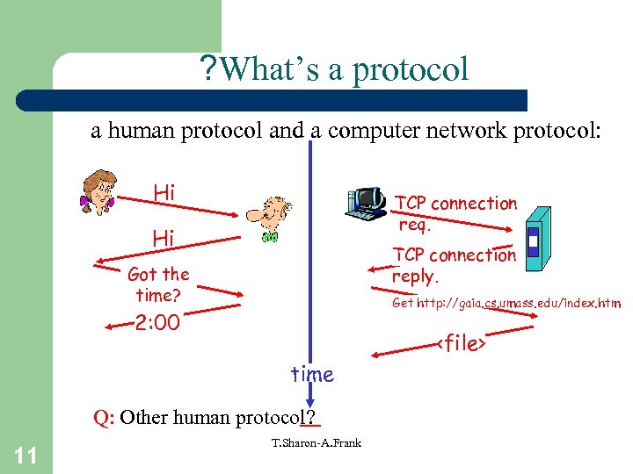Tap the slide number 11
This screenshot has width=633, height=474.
click(x=25, y=454)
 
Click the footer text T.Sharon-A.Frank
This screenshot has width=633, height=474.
click(x=316, y=443)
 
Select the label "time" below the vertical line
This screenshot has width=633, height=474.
click(x=312, y=375)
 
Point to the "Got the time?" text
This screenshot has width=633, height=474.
click(x=158, y=284)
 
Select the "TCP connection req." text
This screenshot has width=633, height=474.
click(x=455, y=212)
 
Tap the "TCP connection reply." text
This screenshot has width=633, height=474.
click(x=454, y=264)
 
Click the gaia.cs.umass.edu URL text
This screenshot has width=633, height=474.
click(x=506, y=303)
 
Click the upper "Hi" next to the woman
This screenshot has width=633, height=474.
click(x=164, y=191)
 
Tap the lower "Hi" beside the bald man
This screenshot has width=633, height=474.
click(x=164, y=238)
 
